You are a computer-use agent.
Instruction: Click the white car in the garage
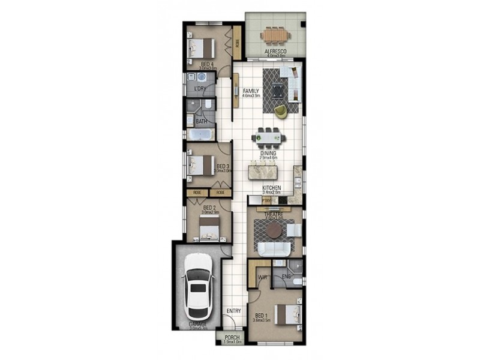(x=199, y=287)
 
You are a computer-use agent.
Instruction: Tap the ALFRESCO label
(x=275, y=52)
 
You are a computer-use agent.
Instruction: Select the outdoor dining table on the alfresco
(x=274, y=35)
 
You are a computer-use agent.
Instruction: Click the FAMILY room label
(x=251, y=91)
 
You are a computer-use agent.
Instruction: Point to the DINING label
(x=268, y=153)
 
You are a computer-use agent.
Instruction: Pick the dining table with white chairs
(x=268, y=137)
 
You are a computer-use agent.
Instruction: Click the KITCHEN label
(x=272, y=188)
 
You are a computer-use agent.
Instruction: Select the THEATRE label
(x=274, y=214)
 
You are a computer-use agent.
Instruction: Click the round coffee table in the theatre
(x=274, y=230)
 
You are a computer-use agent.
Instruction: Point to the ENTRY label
(x=233, y=311)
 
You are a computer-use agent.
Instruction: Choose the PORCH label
(x=232, y=338)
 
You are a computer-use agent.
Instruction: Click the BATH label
(x=202, y=121)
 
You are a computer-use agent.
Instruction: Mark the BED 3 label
(x=223, y=166)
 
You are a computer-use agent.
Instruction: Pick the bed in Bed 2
(x=209, y=228)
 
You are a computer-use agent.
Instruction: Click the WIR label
(x=262, y=277)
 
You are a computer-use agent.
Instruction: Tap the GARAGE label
(x=198, y=324)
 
